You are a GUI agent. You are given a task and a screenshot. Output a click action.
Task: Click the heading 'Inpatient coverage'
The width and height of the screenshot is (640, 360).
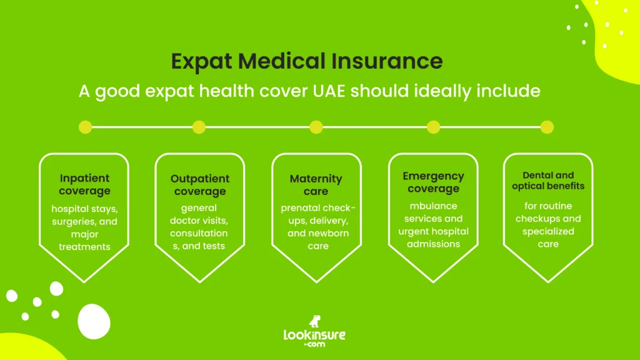coord(84,184)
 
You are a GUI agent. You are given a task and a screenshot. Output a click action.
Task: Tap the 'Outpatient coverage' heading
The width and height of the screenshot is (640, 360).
coord(200,185)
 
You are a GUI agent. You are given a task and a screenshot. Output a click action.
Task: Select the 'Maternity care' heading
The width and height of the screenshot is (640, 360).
coord(316,185)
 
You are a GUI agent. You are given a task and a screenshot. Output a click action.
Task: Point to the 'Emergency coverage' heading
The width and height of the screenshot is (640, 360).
coord(433,182)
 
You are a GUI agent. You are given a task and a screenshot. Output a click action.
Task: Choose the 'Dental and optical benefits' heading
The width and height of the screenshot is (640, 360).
coord(548,181)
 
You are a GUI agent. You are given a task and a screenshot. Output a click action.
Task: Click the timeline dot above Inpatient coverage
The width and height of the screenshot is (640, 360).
coord(86,127)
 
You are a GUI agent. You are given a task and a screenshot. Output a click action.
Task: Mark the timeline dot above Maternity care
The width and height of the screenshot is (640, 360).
coord(316,127)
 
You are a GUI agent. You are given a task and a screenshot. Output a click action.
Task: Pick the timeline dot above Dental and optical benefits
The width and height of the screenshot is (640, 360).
coord(547,127)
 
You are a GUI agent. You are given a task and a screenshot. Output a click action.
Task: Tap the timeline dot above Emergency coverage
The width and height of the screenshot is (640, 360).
coord(433,127)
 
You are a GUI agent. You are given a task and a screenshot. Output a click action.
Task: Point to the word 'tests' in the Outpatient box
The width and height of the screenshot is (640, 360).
coord(213,246)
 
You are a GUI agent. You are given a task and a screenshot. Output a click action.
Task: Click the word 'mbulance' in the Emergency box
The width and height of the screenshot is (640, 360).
coord(433,206)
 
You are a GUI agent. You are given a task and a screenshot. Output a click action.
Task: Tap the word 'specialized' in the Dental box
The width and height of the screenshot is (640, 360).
coord(548,231)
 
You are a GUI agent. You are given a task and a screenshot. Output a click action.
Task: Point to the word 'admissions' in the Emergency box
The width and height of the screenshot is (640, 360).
coord(433,244)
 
